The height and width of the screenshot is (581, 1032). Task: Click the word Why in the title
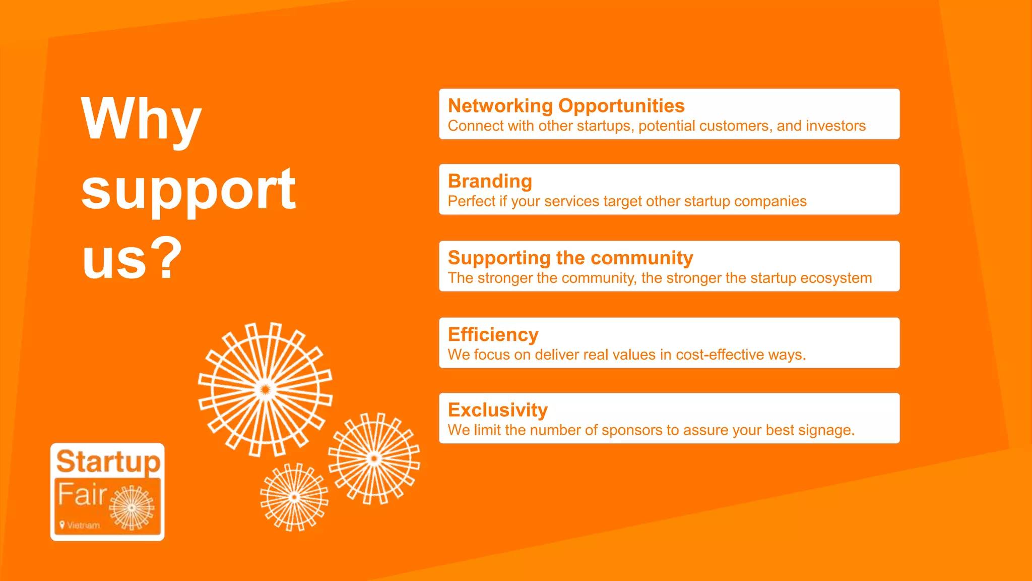point(141,120)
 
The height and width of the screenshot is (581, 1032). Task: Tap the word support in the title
point(188,190)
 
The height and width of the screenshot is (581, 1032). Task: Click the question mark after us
point(167,259)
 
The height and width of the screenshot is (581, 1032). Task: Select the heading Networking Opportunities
point(566,106)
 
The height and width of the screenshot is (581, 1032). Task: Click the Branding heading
point(490,181)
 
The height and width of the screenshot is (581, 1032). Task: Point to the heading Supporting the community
point(570,258)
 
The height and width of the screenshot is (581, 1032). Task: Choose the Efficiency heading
point(493,334)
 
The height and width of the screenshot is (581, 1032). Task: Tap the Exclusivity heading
point(497,410)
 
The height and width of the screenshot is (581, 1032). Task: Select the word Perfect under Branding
point(472,201)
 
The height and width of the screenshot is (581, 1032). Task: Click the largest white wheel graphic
point(265,389)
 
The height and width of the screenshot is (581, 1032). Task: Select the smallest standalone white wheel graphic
point(294,497)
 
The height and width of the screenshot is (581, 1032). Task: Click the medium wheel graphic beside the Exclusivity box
point(373,458)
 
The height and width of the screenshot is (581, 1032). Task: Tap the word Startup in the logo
point(108,462)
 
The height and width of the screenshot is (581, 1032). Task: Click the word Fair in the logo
point(82,494)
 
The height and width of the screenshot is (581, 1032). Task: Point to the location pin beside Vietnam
point(62,525)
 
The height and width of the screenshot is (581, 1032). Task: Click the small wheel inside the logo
point(132,507)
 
